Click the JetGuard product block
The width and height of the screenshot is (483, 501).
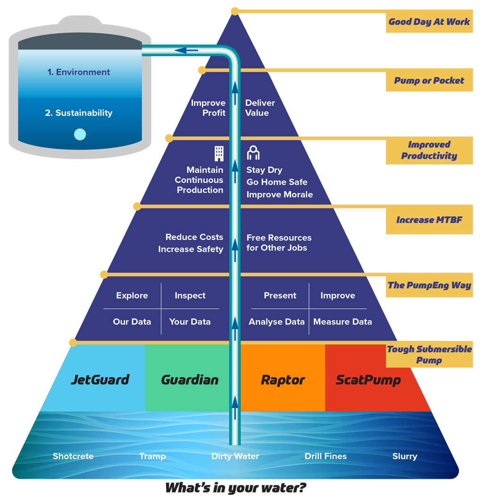[100, 379]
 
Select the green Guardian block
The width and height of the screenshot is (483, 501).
[190, 379]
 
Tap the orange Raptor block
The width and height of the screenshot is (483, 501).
[283, 380]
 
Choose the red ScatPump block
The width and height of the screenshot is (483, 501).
[368, 380]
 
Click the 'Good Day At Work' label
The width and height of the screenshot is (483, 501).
[429, 22]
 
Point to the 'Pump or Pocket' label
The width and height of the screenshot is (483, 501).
[429, 81]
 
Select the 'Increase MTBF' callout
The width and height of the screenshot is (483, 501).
[429, 220]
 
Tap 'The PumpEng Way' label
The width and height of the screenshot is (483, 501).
[429, 285]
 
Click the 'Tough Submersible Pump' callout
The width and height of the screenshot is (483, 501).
[429, 355]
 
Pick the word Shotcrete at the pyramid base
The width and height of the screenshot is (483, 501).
[73, 456]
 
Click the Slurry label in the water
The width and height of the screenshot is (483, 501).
[405, 456]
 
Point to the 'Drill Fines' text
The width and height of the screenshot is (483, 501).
[325, 456]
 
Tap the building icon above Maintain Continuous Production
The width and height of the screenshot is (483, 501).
[219, 153]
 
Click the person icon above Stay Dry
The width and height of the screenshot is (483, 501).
[253, 153]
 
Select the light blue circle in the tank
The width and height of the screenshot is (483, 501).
[80, 135]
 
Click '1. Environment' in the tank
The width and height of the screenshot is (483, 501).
[79, 72]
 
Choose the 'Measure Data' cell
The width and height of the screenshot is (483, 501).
[342, 322]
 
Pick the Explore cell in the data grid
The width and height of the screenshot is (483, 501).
[132, 296]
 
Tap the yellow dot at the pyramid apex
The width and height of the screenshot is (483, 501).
[234, 10]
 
